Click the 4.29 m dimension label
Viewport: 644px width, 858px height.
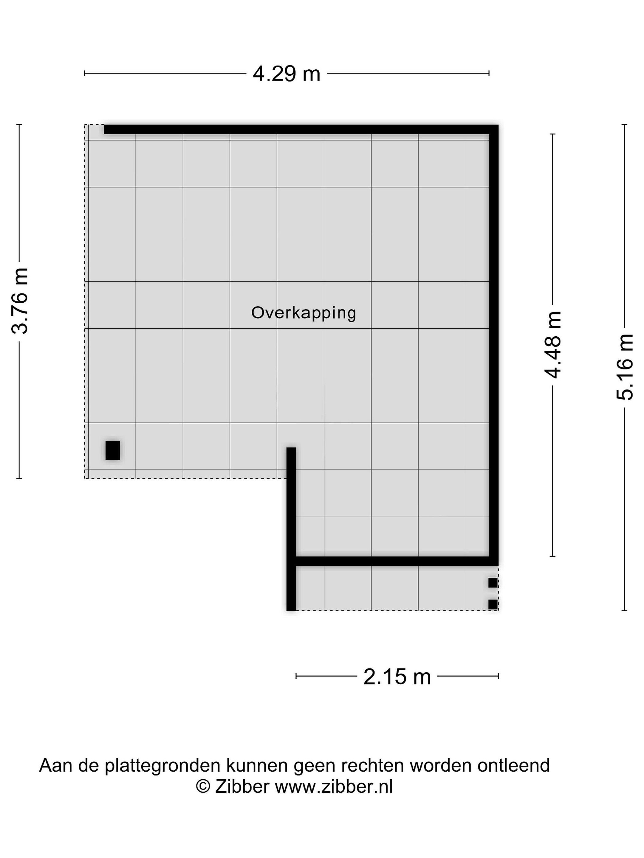tap(287, 73)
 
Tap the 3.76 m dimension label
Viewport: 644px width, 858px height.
tap(19, 301)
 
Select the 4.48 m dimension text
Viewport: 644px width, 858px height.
tap(552, 344)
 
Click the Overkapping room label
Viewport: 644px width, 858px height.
tap(304, 313)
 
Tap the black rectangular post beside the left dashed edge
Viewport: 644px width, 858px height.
tap(113, 450)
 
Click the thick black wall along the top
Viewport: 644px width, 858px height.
tap(301, 129)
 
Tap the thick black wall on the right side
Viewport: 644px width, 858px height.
tap(494, 345)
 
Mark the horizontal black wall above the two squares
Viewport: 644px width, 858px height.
tap(397, 561)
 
